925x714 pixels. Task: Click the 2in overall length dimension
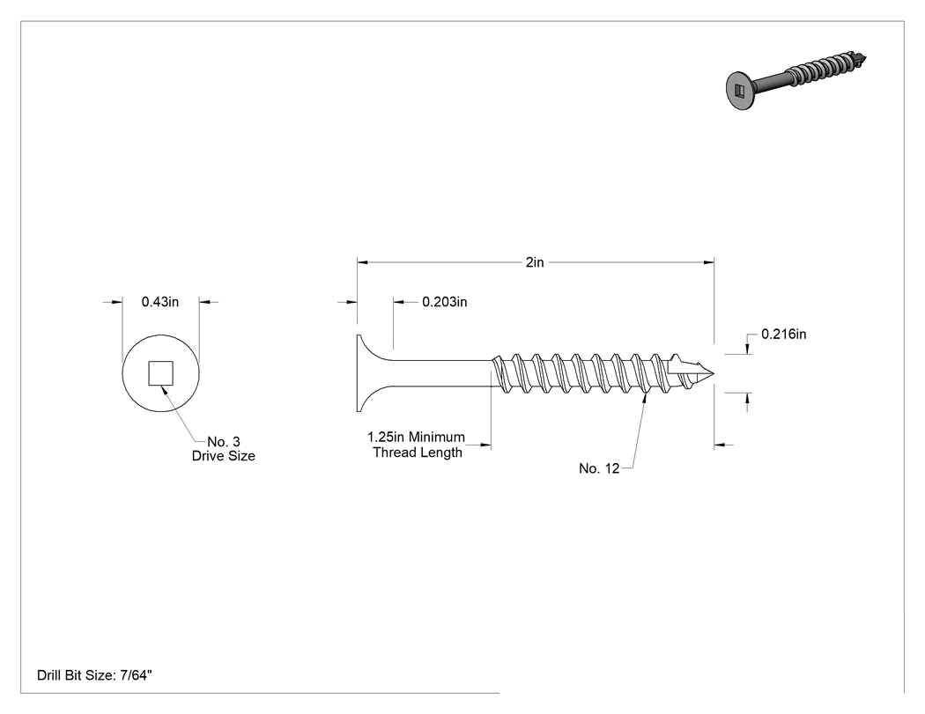tap(535, 262)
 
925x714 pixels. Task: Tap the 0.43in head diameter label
tap(159, 302)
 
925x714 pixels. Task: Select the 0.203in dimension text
tap(444, 302)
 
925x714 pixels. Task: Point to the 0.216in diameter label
tap(783, 335)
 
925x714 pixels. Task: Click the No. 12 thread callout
tap(599, 468)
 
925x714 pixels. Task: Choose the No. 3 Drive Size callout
tap(224, 449)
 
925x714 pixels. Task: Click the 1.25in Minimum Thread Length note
tap(417, 445)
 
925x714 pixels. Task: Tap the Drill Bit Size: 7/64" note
tap(94, 675)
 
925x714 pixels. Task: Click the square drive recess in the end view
tap(160, 373)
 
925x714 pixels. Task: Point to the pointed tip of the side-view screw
tap(714, 373)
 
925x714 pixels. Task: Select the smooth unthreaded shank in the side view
tap(442, 373)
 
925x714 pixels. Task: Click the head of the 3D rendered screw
tap(739, 91)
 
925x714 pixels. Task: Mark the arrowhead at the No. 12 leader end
tap(645, 398)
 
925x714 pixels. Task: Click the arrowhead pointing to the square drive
tap(165, 390)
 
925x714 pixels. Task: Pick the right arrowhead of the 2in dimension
tap(708, 262)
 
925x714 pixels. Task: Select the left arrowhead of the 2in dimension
tap(363, 262)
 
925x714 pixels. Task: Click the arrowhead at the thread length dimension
tap(485, 445)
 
